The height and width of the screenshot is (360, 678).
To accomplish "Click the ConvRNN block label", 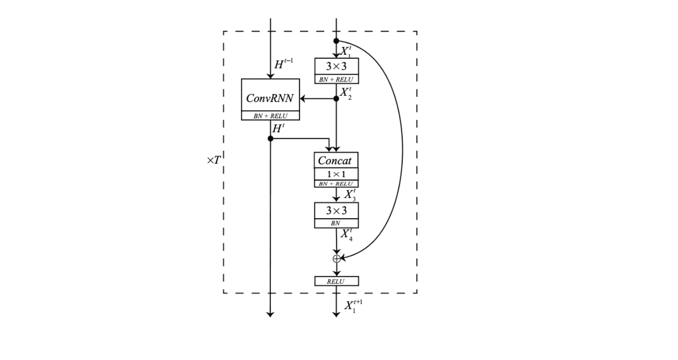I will [270, 98].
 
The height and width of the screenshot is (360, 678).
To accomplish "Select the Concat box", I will [336, 161].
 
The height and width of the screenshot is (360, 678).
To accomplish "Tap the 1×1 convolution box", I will [336, 174].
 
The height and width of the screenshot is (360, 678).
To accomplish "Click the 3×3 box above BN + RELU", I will [336, 66].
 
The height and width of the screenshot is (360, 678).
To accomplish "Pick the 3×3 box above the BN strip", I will [336, 211].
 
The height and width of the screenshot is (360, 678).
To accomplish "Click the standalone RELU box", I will [336, 281].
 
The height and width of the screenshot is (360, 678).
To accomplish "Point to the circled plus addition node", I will [337, 258].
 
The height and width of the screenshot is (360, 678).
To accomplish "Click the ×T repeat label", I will [213, 160].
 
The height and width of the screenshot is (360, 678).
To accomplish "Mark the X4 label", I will [347, 234].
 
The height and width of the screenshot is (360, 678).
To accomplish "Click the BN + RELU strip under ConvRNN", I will [270, 116].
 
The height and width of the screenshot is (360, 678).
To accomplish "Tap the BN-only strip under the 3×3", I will [336, 223].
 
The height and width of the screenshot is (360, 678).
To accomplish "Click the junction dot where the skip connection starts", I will [336, 41].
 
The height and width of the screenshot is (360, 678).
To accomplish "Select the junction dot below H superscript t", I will [270, 138].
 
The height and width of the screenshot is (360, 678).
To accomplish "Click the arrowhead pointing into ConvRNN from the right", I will [303, 99].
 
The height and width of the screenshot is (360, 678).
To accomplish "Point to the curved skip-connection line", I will [402, 148].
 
